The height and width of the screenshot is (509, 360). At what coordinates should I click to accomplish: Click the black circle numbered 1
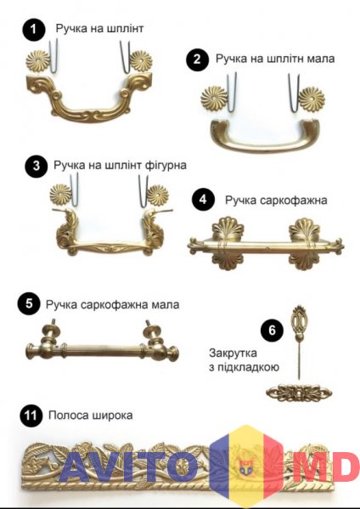(x=34, y=29)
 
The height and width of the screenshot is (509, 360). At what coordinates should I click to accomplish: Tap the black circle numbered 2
(x=197, y=59)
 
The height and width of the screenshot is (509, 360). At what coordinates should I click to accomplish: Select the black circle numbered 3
(x=37, y=166)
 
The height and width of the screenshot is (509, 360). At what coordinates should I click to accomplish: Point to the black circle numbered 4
(x=203, y=200)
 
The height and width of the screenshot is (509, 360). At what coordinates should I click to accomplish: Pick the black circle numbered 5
(x=29, y=304)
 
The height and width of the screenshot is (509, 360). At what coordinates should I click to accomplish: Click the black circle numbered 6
(x=272, y=331)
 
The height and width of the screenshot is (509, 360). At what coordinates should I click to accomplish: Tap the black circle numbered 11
(x=31, y=416)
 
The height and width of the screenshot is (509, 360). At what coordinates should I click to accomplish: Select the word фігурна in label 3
(x=166, y=165)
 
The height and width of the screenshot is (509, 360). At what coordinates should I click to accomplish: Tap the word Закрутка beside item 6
(x=233, y=353)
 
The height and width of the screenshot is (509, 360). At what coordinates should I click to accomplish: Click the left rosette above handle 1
(x=38, y=60)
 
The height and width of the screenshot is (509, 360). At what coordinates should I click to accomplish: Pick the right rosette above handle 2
(x=312, y=99)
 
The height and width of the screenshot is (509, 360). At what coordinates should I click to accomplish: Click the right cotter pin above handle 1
(x=125, y=57)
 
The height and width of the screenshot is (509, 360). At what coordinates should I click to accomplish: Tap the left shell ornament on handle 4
(x=228, y=244)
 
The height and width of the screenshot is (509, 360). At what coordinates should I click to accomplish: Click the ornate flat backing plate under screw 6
(x=299, y=393)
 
